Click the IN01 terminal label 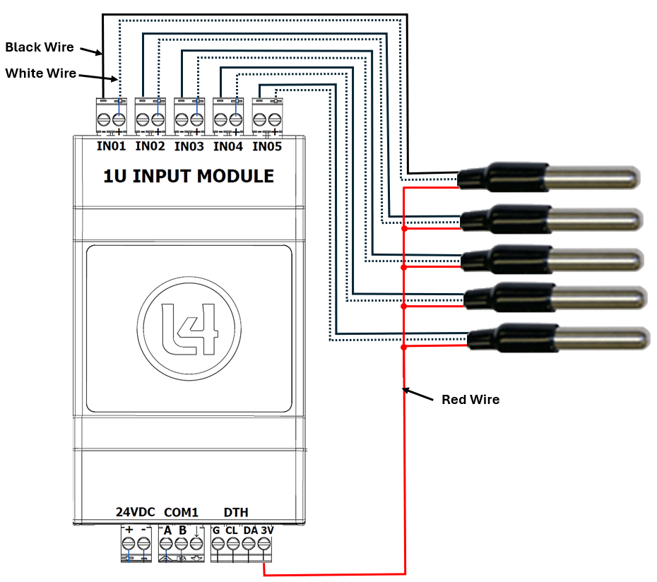tap(111, 147)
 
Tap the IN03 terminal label tap(189, 147)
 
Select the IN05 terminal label tap(267, 147)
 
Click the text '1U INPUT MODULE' tap(189, 176)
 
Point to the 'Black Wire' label tap(40, 47)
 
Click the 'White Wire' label tap(41, 73)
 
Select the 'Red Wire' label tap(470, 400)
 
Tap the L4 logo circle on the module tap(189, 328)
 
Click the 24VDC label tap(135, 512)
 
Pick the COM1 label tap(182, 512)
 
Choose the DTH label tap(236, 512)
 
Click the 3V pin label tap(267, 530)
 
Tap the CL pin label tap(232, 530)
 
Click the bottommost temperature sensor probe tap(558, 337)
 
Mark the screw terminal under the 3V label tap(264, 544)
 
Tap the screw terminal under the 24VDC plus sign tap(129, 544)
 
